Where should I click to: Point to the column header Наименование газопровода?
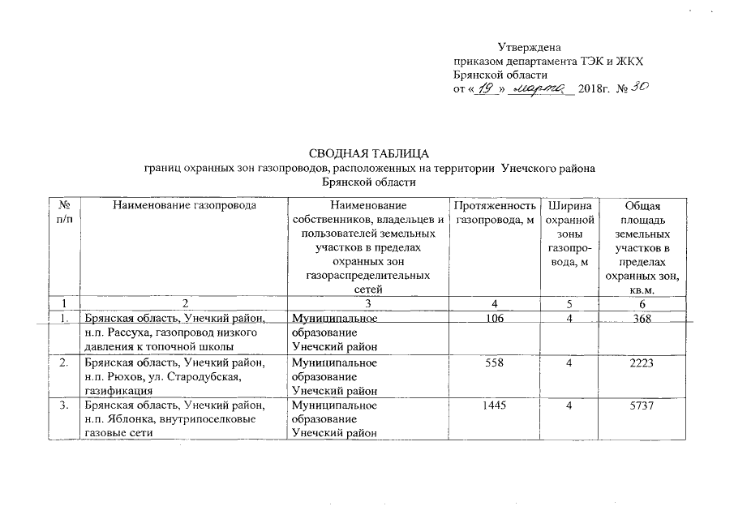(184, 206)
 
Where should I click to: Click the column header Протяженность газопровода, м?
(495, 212)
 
